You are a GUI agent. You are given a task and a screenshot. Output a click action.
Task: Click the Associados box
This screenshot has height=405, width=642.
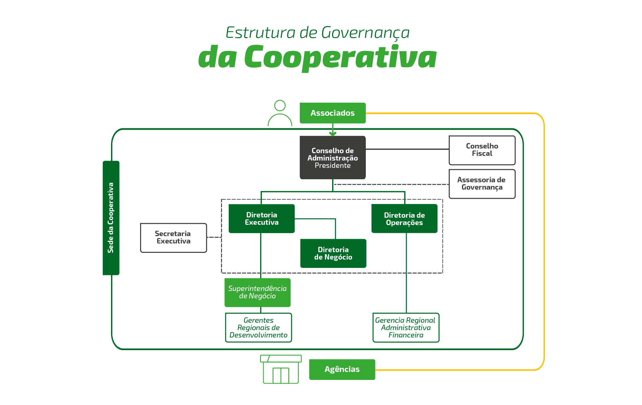click(333, 113)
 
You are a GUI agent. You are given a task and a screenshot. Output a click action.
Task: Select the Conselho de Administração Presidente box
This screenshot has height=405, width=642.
click(333, 158)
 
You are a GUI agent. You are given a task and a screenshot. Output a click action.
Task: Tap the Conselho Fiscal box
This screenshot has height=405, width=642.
click(482, 150)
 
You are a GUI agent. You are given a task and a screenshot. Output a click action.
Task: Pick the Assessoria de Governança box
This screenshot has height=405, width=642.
click(482, 184)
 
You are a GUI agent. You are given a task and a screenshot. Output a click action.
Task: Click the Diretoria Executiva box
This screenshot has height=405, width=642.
click(261, 219)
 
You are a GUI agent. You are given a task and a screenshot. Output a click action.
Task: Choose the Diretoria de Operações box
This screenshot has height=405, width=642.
click(404, 219)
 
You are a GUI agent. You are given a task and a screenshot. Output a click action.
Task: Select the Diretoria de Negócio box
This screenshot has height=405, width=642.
click(333, 254)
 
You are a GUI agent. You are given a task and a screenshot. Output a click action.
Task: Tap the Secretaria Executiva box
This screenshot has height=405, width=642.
click(174, 238)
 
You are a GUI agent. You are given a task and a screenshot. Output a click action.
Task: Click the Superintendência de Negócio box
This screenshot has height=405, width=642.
click(257, 293)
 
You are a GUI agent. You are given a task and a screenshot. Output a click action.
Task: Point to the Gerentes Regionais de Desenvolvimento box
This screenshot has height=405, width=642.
click(258, 328)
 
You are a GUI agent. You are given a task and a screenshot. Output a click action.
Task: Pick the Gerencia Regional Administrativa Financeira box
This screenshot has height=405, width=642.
click(406, 328)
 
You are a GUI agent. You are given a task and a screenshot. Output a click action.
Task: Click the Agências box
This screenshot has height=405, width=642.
click(342, 370)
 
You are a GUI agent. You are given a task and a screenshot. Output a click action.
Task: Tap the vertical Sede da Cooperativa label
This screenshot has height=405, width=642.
click(111, 218)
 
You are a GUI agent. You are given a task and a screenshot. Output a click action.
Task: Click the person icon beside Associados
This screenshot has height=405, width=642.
click(280, 113)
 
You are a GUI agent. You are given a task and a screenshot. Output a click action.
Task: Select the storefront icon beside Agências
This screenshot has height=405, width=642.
click(281, 369)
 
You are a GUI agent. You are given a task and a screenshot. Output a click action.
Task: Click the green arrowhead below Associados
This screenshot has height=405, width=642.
click(333, 134)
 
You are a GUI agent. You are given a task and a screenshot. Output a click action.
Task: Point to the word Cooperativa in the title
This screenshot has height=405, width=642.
click(340, 58)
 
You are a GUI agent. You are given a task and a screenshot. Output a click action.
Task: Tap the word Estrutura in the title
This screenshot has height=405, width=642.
click(260, 33)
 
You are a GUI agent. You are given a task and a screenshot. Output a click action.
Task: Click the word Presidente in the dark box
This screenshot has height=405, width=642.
click(333, 166)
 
